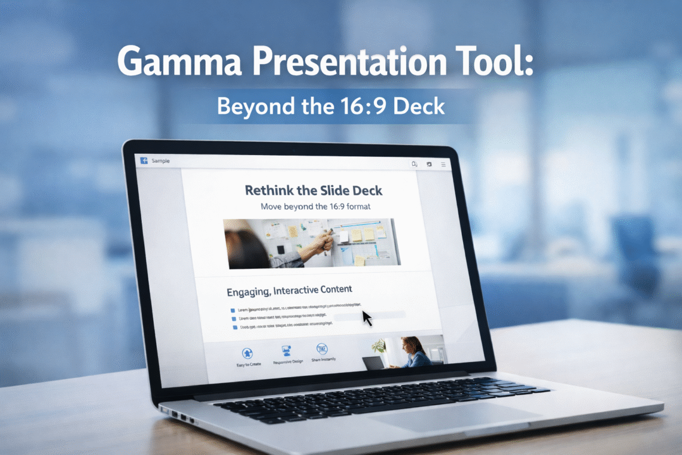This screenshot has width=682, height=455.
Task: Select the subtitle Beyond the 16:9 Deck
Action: point(331,106)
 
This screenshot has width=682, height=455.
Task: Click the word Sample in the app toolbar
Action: point(160,160)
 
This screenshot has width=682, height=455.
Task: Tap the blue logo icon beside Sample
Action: point(144,160)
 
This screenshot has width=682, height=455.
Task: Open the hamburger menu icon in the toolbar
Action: point(443,164)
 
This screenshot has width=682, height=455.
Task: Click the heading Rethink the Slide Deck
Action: point(313,191)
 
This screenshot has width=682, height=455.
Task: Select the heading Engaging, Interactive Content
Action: point(289,291)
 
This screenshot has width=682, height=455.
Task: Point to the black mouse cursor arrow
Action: point(366,317)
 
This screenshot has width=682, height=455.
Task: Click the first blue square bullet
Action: point(232,310)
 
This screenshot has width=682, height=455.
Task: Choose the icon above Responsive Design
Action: point(285,351)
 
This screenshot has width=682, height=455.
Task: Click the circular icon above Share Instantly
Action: point(322,348)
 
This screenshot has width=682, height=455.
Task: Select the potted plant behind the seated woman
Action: point(378,345)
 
